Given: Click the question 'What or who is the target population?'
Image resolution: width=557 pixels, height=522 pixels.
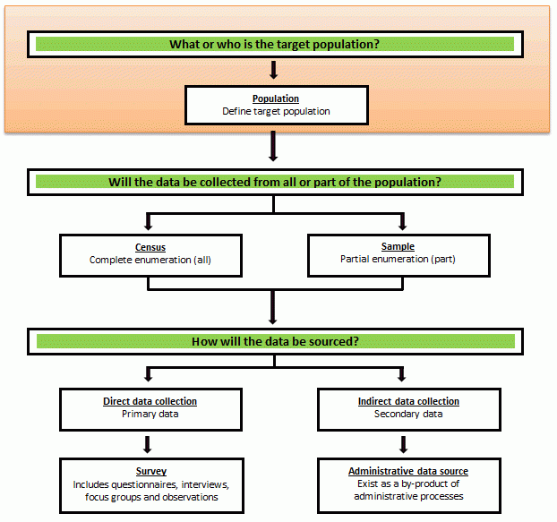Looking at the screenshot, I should tap(275, 44).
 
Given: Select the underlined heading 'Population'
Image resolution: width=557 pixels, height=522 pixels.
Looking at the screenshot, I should tap(276, 98).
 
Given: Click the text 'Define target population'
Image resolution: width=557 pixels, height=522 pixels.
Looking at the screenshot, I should tap(276, 112).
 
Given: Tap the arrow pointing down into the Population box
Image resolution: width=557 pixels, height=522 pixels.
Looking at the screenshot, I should tap(274, 71).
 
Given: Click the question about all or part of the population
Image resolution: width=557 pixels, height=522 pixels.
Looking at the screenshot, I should tap(275, 182).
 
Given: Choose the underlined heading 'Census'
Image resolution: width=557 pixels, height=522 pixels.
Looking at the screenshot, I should tap(150, 247).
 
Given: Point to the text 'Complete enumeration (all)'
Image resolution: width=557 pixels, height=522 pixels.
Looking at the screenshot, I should tap(150, 261).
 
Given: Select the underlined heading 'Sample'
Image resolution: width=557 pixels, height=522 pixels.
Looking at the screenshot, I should tap(398, 247).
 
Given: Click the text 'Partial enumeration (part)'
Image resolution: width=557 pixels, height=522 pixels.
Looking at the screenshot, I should tap(398, 261).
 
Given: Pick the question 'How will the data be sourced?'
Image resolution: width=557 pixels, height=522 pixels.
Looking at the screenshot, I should tap(275, 341).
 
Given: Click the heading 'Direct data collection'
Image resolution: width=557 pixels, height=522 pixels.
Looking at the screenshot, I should tap(150, 401).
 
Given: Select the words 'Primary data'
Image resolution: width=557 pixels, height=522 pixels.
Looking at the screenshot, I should tap(150, 415).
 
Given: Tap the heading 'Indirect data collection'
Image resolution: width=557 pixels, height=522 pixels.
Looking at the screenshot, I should tap(407, 401).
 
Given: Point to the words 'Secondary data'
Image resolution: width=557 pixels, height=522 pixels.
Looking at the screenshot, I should tap(407, 415).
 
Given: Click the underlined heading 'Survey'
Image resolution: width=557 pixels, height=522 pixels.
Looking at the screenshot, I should tap(151, 471).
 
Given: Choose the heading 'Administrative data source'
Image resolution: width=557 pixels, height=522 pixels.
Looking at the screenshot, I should tap(407, 471).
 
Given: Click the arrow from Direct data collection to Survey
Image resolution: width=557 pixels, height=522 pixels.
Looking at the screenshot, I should tap(150, 443).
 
